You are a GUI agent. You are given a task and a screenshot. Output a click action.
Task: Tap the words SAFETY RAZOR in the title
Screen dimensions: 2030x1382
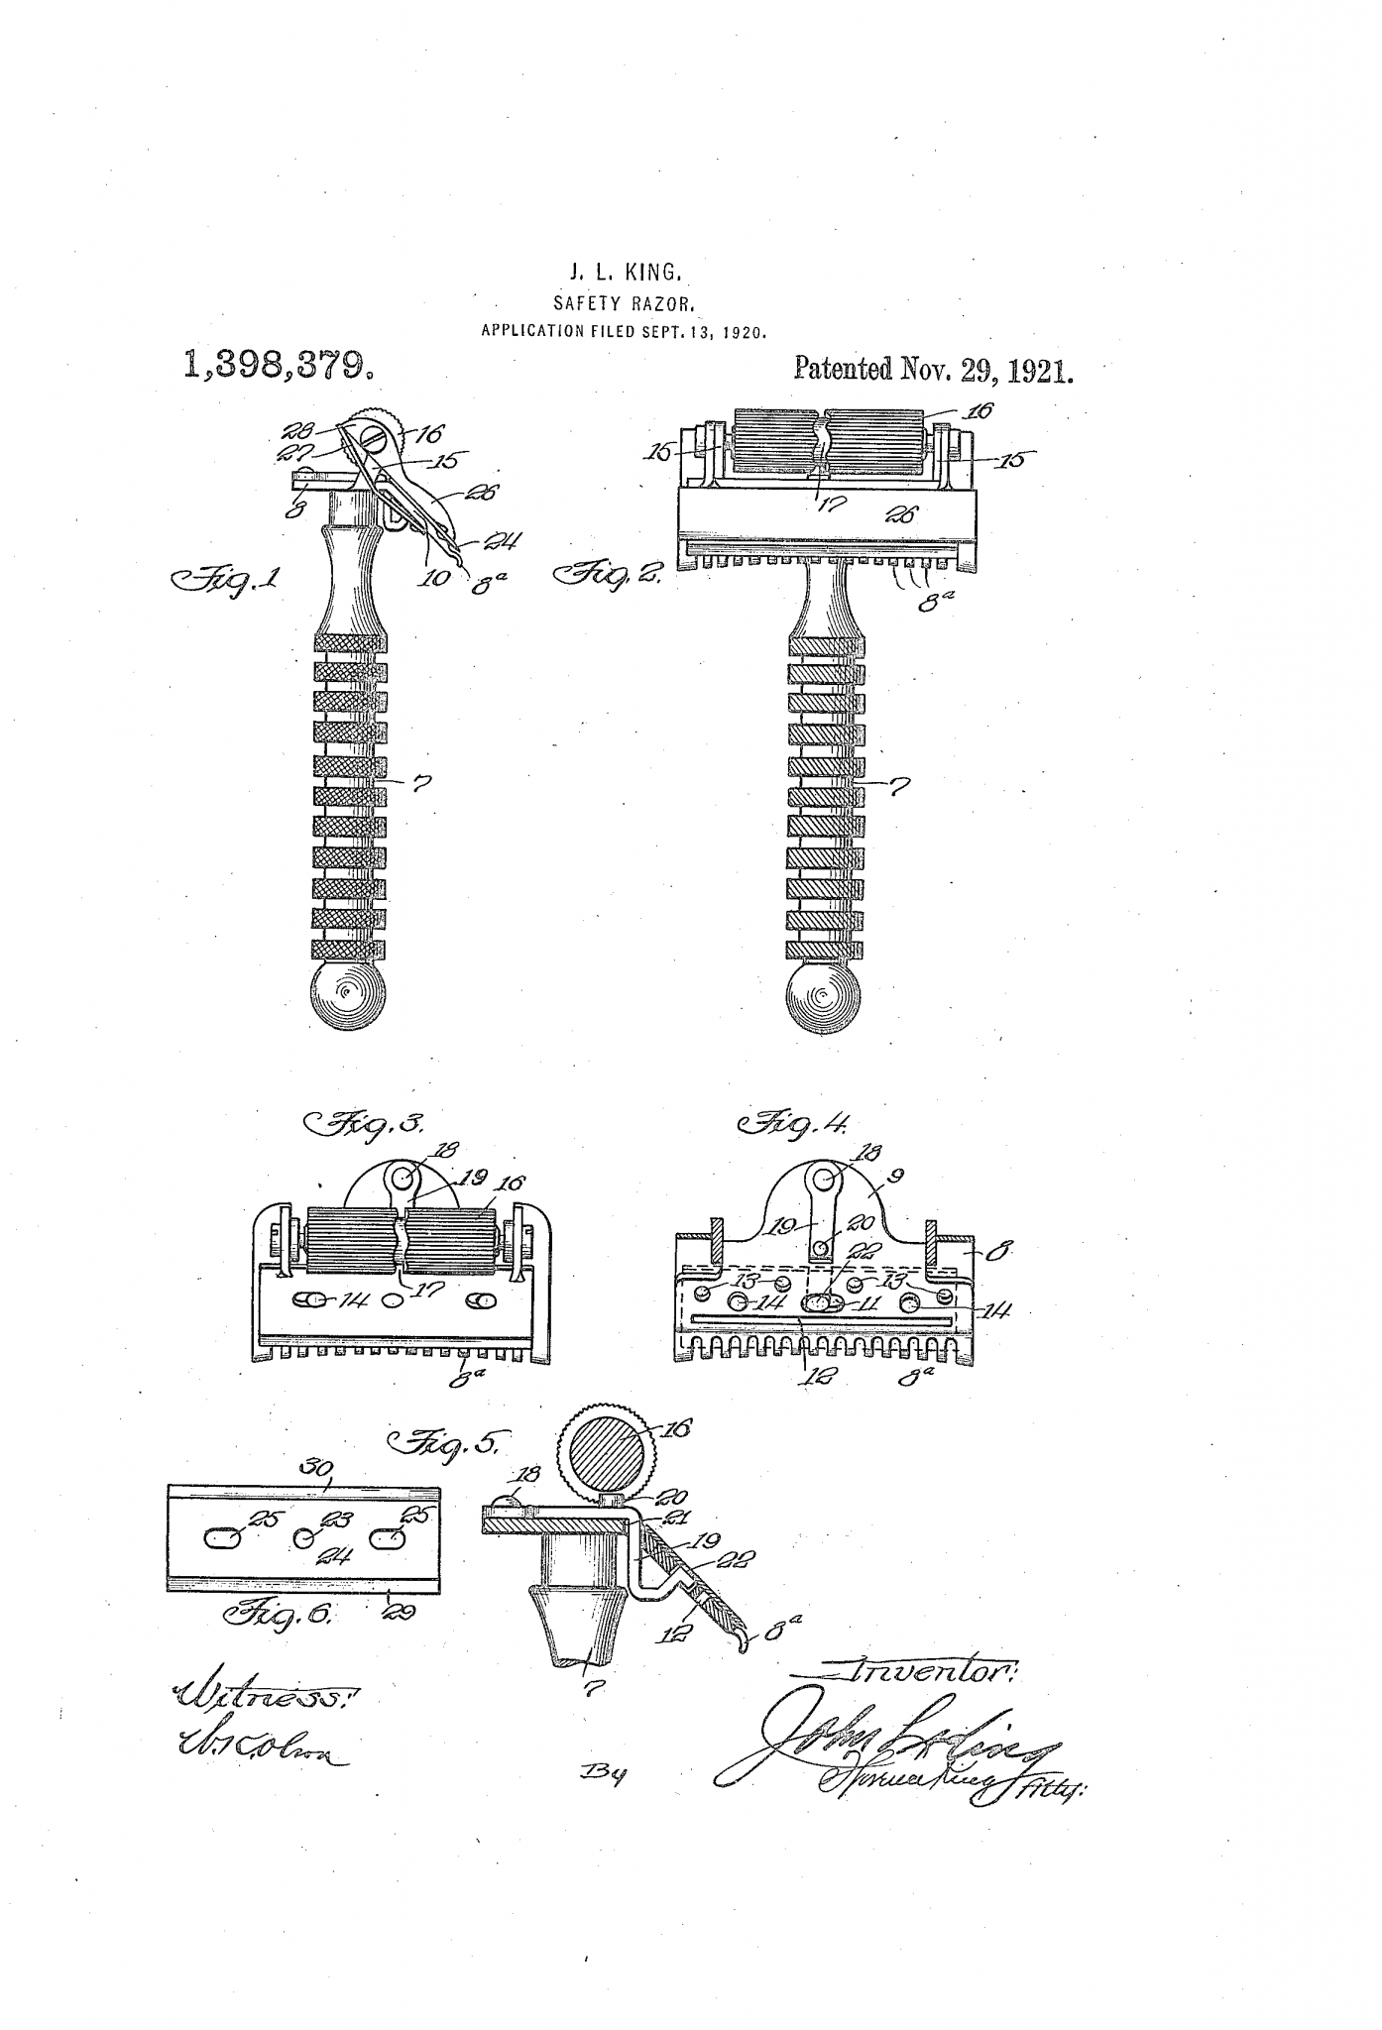[x=623, y=303]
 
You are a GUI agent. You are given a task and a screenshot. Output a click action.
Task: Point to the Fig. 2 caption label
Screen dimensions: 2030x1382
[x=611, y=573]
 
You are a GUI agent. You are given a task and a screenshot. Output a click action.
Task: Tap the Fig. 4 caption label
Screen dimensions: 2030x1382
[x=793, y=1125]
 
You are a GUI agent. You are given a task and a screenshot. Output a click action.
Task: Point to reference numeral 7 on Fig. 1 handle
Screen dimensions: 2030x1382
[x=421, y=784]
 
